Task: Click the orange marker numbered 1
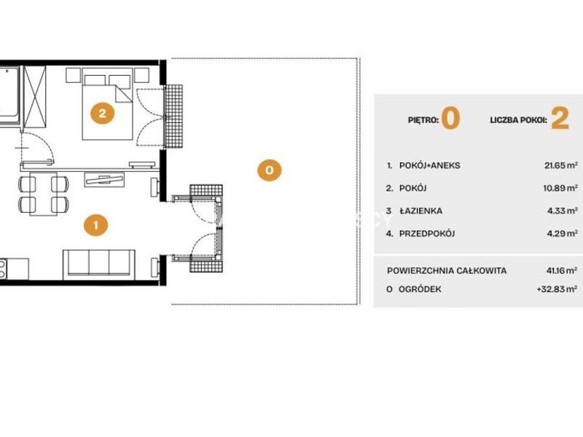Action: click(x=96, y=225)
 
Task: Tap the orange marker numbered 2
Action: click(x=102, y=113)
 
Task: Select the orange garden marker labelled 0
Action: click(x=269, y=170)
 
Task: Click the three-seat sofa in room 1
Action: click(x=99, y=264)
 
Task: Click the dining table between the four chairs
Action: click(x=44, y=194)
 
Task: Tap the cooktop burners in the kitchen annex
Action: click(x=2, y=269)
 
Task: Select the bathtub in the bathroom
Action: click(x=9, y=95)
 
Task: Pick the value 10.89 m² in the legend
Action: click(x=560, y=188)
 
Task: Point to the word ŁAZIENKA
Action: click(x=421, y=210)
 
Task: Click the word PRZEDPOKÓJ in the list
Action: click(x=427, y=233)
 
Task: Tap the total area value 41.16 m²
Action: click(x=562, y=270)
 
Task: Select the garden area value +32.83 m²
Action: click(x=557, y=288)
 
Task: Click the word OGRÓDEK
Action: click(x=420, y=289)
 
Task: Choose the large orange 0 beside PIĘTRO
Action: click(x=450, y=118)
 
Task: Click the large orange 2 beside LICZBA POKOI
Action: click(x=560, y=118)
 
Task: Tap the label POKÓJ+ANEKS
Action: click(x=429, y=165)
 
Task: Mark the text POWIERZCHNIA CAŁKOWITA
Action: click(x=447, y=270)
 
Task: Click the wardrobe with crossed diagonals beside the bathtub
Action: click(x=34, y=97)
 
